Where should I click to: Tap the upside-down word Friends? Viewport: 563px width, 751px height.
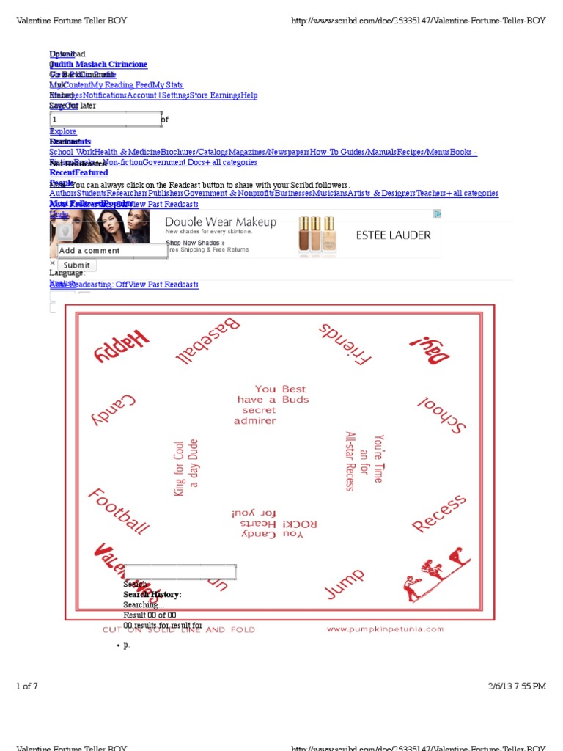pos(345,342)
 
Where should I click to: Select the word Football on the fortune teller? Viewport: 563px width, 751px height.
pos(119,511)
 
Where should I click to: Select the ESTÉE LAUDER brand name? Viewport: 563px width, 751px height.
pos(393,235)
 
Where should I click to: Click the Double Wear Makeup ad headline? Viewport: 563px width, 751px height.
pos(221,222)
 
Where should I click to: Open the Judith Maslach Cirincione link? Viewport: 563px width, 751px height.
pos(98,65)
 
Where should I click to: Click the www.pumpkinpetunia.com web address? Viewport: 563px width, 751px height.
pos(385,629)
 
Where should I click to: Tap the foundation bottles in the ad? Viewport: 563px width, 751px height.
pos(317,234)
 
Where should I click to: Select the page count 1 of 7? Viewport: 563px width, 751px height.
pos(27,686)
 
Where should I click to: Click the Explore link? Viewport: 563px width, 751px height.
pos(63,131)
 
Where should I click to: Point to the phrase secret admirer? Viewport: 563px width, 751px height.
pos(255,415)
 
